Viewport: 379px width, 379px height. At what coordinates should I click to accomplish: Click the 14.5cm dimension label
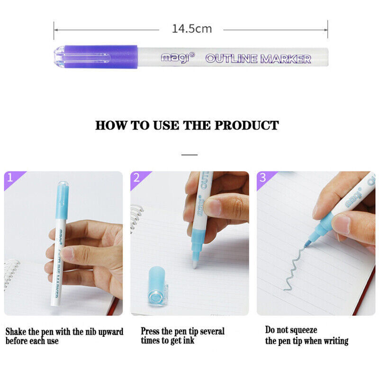(191, 29)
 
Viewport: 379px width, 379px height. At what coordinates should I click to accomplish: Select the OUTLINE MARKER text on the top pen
(258, 59)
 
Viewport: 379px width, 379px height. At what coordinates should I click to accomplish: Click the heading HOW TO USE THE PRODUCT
(187, 126)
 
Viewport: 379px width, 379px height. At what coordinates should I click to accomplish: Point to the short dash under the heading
(189, 154)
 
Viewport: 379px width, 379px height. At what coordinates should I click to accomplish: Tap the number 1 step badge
(10, 178)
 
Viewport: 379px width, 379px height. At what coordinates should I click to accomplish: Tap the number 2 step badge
(136, 178)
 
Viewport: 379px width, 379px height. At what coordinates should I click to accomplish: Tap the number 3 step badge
(263, 178)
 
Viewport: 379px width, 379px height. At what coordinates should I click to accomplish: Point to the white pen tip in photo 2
(195, 263)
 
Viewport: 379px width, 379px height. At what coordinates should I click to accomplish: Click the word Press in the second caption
(151, 331)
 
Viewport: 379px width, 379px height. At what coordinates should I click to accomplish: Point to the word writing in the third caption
(333, 341)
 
